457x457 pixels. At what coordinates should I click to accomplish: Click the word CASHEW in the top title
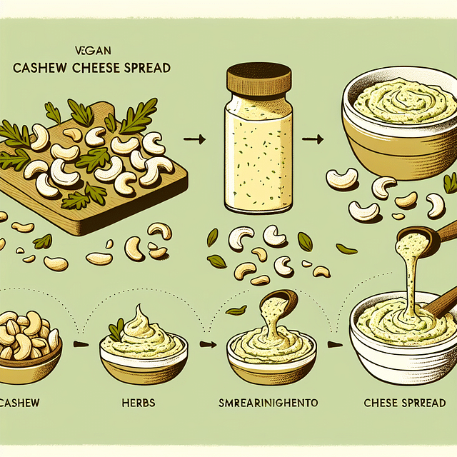41,69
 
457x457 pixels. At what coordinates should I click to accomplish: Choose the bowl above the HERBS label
143,353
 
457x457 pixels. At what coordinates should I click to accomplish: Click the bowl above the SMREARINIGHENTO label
271,353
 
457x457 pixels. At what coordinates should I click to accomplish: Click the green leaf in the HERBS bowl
116,330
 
